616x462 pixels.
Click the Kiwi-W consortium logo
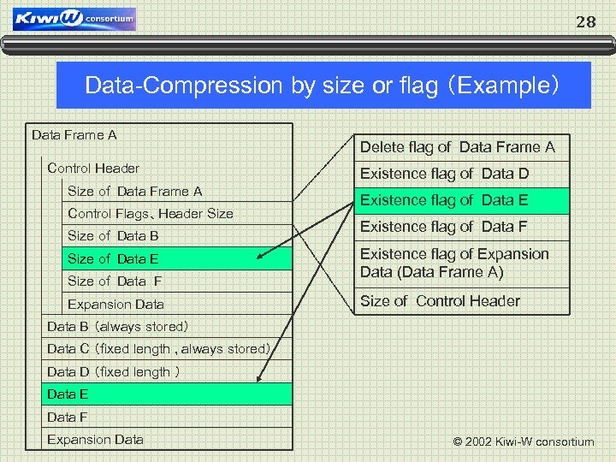coord(74,18)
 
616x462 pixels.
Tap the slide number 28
coord(585,22)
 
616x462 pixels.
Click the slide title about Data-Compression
coord(323,86)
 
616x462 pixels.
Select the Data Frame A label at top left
coord(74,134)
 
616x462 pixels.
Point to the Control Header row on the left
coord(93,168)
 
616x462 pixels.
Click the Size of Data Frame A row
coord(134,191)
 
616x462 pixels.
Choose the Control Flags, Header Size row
coord(151,213)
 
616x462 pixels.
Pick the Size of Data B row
coord(113,235)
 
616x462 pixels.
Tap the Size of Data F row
coord(115,281)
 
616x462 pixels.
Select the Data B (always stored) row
coord(117,326)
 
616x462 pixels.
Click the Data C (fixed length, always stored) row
coord(159,348)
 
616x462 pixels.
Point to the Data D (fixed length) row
coord(113,371)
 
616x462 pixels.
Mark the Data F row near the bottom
coord(68,417)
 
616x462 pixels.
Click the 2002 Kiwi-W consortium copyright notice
coord(523,441)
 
